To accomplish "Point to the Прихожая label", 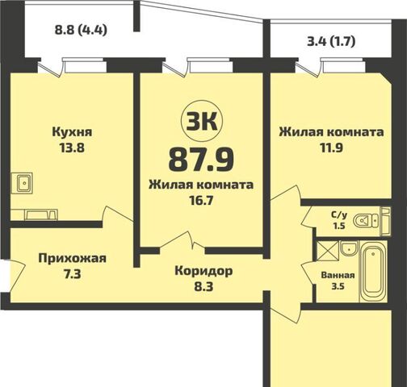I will pyautogui.click(x=72, y=258).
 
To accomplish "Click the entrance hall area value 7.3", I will pyautogui.click(x=72, y=275).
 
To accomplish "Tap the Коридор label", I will pyautogui.click(x=203, y=270).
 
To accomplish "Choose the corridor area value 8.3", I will pyautogui.click(x=203, y=285).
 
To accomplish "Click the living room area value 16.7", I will pyautogui.click(x=201, y=199).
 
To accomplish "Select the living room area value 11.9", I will pyautogui.click(x=330, y=148).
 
